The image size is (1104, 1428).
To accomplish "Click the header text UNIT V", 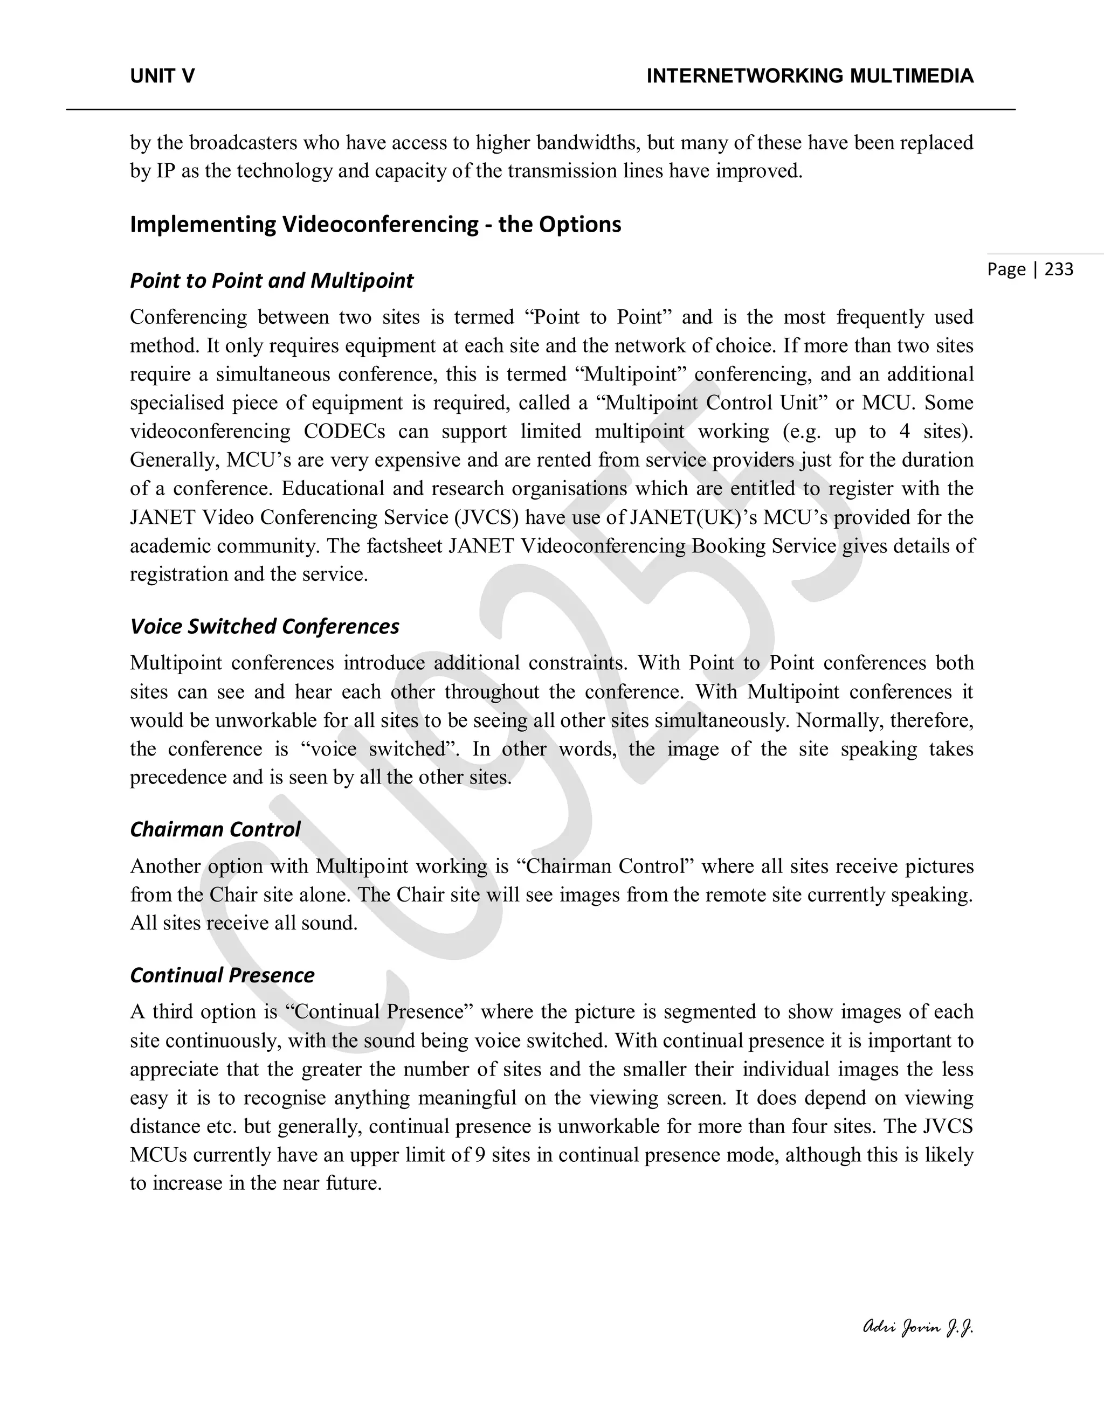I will pyautogui.click(x=162, y=77).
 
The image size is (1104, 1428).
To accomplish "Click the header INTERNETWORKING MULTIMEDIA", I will pyautogui.click(x=810, y=77).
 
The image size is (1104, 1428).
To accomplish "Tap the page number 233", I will pyautogui.click(x=1059, y=269).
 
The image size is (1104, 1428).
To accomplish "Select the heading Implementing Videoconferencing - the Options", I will pyautogui.click(x=375, y=224).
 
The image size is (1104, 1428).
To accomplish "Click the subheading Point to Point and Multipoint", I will pyautogui.click(x=272, y=281).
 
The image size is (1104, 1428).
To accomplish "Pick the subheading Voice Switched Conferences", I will pyautogui.click(x=264, y=626).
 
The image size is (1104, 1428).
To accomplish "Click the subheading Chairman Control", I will pyautogui.click(x=215, y=829).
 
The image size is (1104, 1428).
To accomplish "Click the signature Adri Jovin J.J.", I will pyautogui.click(x=917, y=1327).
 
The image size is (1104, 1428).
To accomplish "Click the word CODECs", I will pyautogui.click(x=344, y=432).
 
